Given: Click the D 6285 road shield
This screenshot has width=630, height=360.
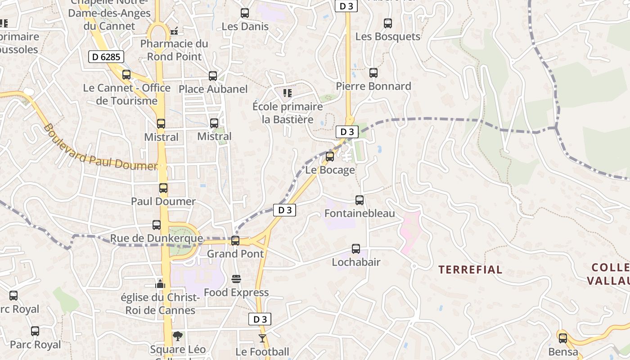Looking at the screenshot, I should tap(106, 57).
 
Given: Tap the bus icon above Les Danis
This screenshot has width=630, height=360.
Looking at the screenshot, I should tap(245, 13).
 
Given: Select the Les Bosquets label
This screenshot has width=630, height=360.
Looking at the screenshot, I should tap(388, 36).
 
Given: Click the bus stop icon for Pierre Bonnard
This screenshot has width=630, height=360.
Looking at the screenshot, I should tap(373, 73).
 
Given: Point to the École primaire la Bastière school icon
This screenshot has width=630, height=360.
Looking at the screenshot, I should tap(288, 93).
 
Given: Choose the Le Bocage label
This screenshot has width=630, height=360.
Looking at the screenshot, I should tap(330, 170).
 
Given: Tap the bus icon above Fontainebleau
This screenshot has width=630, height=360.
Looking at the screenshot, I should tap(360, 200).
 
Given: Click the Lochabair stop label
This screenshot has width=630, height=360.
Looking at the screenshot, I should tap(356, 262).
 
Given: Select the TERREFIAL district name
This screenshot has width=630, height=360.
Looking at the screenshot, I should tap(470, 270).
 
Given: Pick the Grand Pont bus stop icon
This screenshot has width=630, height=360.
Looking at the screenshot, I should tap(235, 241).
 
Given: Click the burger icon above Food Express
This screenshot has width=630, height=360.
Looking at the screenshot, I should tap(236, 279).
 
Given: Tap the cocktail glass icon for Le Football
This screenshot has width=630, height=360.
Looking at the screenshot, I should tap(262, 338).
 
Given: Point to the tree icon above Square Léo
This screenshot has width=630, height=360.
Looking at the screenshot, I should tap(178, 336).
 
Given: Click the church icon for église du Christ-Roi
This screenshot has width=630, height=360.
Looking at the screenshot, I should tap(160, 284).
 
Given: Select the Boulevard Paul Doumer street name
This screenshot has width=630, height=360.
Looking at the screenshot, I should tap(100, 148).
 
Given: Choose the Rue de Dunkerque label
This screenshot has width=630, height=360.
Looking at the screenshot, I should tap(157, 238).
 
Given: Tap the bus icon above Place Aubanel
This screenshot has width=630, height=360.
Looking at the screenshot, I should tap(213, 76).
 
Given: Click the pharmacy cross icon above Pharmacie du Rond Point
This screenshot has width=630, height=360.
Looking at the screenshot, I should tap(175, 31).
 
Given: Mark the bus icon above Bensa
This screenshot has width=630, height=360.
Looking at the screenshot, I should tap(563, 338).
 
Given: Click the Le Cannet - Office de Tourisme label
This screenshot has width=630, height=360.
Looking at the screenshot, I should tap(126, 94).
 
